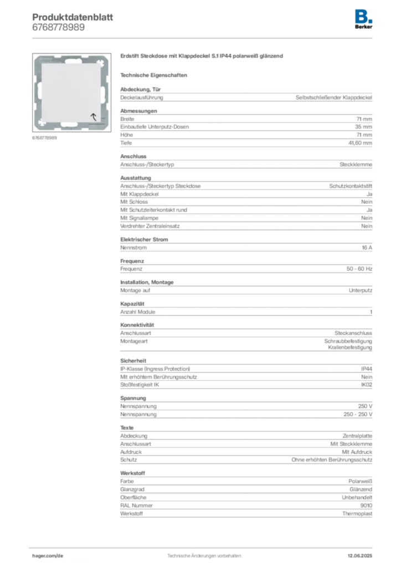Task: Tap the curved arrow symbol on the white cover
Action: [x=93, y=116]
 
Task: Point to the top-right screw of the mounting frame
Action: [x=103, y=59]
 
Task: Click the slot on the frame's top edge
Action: [x=73, y=57]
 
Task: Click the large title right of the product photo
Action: [x=202, y=58]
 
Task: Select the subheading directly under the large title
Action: [x=155, y=75]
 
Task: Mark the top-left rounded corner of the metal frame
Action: [x=38, y=58]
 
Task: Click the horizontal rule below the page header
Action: [x=204, y=38]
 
